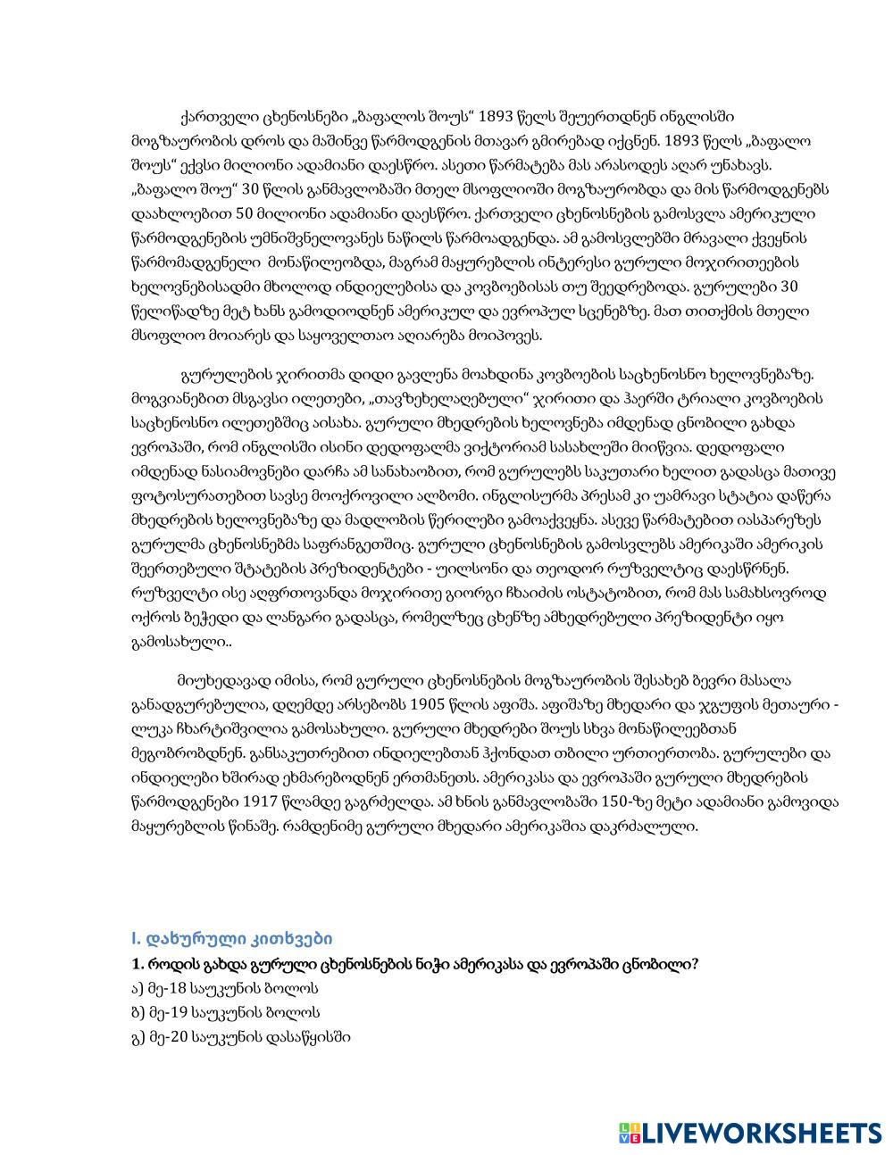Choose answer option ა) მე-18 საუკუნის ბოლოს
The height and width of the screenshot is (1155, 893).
pyautogui.click(x=224, y=988)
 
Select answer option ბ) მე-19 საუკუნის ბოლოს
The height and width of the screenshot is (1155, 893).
pyautogui.click(x=225, y=1012)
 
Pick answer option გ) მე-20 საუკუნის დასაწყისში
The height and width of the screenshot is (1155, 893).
pyautogui.click(x=240, y=1036)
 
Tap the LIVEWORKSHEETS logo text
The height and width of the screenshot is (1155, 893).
pyautogui.click(x=762, y=1133)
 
